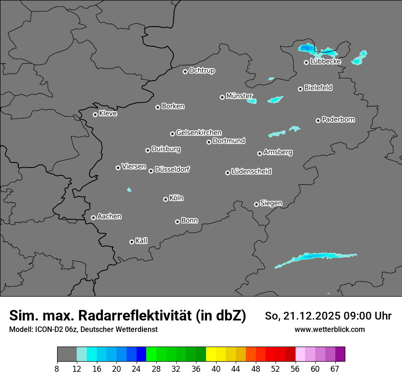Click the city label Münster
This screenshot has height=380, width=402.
[x=239, y=96]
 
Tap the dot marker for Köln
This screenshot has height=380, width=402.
[x=165, y=199]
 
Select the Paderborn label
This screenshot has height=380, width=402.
[x=338, y=119]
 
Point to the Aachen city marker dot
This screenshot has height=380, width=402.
[x=93, y=217]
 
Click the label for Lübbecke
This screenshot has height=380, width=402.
[x=325, y=61]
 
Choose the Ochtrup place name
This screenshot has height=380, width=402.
[x=201, y=71]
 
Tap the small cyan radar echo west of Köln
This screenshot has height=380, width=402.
[x=129, y=190]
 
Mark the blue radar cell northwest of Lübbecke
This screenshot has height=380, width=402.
[x=306, y=48]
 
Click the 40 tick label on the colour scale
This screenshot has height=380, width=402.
[x=216, y=369]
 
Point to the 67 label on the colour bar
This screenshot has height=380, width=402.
[x=335, y=369]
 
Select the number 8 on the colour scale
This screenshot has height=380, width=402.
[x=57, y=369]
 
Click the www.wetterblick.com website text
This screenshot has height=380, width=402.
[x=329, y=329]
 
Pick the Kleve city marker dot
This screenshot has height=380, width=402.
[x=95, y=114]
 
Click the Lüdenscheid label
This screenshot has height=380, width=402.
[x=251, y=172]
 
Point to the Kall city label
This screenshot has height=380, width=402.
[x=141, y=241]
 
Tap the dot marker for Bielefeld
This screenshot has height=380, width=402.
[x=300, y=89]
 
